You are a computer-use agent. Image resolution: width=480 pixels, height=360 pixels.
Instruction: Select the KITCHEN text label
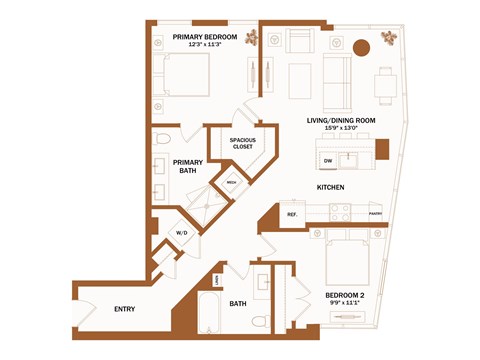(x=331, y=187)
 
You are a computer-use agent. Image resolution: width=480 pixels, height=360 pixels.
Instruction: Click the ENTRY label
(x=125, y=308)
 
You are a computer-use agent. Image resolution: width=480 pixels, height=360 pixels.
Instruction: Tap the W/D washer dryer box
(x=182, y=232)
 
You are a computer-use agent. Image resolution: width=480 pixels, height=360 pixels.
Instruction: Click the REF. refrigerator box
(x=293, y=214)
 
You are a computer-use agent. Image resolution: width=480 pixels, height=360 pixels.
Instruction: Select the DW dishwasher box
(x=327, y=160)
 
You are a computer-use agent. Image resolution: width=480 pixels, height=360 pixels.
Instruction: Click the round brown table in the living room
(x=361, y=48)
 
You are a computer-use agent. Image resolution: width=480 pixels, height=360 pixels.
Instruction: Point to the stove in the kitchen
(x=340, y=212)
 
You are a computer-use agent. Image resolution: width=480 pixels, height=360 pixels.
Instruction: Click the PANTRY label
(x=375, y=213)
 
